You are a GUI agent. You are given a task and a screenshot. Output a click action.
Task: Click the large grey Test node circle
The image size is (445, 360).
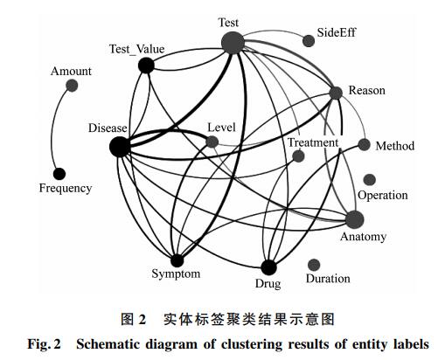pos(233,43)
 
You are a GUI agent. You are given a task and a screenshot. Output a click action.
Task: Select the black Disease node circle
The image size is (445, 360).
pos(120,147)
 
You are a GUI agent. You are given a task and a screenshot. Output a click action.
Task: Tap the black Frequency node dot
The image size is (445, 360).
pos(59,174)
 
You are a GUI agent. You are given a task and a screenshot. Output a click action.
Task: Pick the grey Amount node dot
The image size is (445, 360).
pos(72,86)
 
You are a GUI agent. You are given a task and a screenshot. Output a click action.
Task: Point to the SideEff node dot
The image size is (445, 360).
pos(309,40)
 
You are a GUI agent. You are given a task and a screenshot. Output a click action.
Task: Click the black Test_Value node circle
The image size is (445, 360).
pos(146,66)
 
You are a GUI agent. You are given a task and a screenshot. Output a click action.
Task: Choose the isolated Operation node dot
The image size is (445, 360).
pos(370,180)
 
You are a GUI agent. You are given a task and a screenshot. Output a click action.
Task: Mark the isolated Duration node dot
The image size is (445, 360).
pos(314,265)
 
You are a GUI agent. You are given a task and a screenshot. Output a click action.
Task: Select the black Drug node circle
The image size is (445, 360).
pos(268,267)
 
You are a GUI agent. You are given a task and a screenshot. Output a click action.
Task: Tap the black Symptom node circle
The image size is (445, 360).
pos(177,260)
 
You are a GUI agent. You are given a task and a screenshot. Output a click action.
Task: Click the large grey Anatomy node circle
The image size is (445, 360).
pos(355,219)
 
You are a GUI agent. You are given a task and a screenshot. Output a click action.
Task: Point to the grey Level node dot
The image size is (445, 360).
pos(212,142)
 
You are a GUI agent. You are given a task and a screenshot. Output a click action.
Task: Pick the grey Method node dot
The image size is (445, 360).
pos(364,144)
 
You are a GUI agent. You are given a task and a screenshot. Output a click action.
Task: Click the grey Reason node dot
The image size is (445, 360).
pos(336,93)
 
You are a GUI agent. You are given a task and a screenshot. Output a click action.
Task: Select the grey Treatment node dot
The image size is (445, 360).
pos(298,156)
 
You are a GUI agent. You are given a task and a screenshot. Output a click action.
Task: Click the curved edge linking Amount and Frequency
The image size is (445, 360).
pos(52,129)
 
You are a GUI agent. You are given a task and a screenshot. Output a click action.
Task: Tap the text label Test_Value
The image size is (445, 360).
pos(136,49)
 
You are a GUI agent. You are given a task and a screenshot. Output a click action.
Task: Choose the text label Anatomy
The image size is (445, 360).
pos(363,237)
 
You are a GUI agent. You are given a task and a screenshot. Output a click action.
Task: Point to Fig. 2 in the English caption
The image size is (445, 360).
pos(44,344)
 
